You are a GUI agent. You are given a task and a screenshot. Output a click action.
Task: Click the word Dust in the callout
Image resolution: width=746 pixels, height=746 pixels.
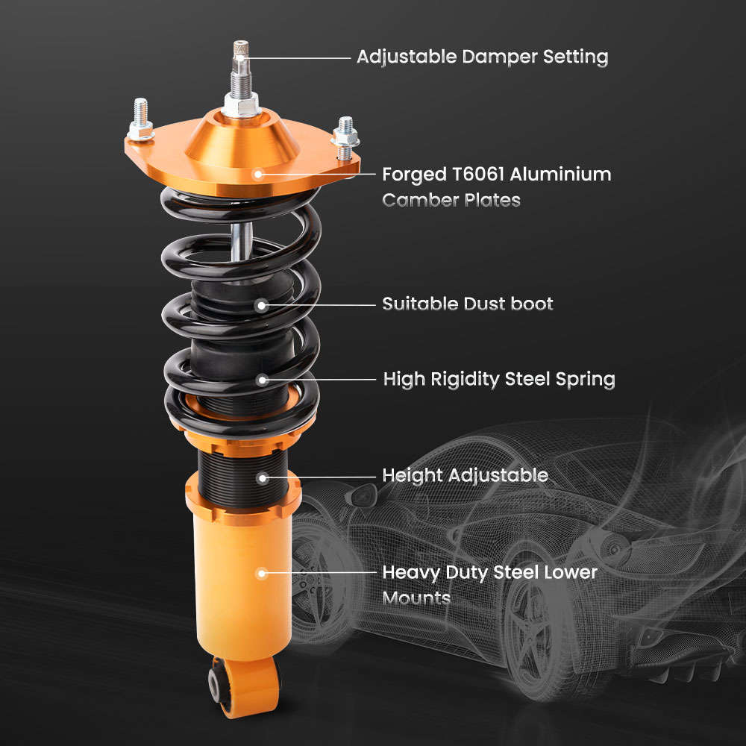(x=475, y=304)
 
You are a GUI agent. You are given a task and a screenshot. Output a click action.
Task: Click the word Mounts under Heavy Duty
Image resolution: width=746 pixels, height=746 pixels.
(x=416, y=598)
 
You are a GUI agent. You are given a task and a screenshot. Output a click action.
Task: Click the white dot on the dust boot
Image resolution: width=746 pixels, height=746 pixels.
(x=262, y=304)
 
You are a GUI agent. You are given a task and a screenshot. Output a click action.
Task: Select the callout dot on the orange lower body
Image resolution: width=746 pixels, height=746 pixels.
(x=262, y=573)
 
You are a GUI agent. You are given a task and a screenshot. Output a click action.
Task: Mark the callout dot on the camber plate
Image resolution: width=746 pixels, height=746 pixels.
(x=258, y=175)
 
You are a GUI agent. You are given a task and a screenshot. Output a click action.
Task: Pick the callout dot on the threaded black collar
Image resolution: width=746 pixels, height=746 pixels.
(x=262, y=476)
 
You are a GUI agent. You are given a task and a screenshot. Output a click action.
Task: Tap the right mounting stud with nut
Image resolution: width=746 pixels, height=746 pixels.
(x=345, y=136)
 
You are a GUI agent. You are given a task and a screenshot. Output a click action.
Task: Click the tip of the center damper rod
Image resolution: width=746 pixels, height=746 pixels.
(x=242, y=46)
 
